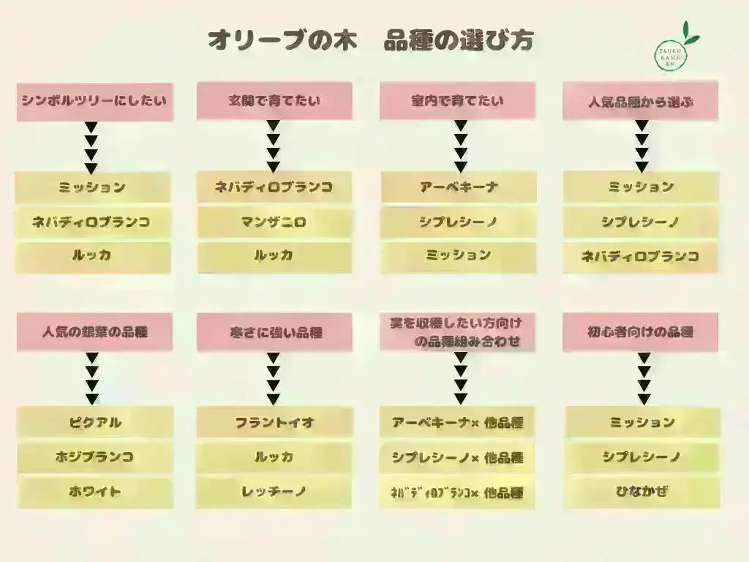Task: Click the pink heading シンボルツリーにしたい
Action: click(95, 101)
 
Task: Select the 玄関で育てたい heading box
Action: click(274, 101)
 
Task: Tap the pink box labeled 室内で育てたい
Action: click(457, 101)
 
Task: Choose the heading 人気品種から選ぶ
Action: click(640, 101)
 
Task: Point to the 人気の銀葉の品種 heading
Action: click(95, 332)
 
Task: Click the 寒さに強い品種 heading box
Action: click(274, 332)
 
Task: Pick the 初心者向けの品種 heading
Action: click(640, 332)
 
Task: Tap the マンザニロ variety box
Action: click(274, 221)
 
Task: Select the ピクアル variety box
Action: click(95, 422)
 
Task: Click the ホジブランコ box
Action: click(95, 457)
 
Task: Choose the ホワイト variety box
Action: click(95, 492)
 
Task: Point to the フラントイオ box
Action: click(274, 422)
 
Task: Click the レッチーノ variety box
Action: click(274, 492)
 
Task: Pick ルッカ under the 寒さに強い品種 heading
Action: click(274, 457)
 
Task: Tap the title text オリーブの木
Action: click(282, 40)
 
